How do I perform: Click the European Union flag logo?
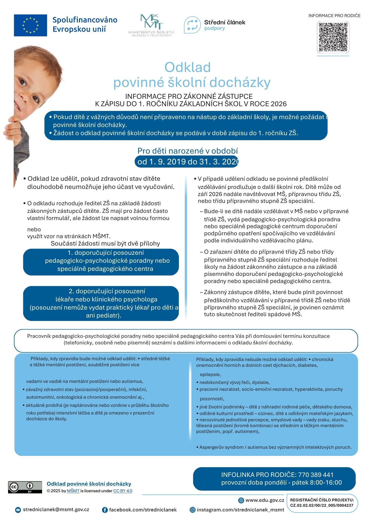[x=31, y=25]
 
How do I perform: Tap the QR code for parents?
[x=333, y=37]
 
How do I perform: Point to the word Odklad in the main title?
[x=188, y=67]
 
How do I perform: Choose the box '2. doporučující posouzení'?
[x=101, y=303]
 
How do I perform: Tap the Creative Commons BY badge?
[x=25, y=487]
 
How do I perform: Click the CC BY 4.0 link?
[x=123, y=491]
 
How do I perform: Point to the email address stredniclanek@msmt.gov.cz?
[x=56, y=509]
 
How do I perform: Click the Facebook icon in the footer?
[x=105, y=510]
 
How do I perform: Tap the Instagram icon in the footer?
[x=193, y=510]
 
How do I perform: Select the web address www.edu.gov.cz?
[x=265, y=500]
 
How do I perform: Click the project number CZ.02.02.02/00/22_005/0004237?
[x=322, y=505]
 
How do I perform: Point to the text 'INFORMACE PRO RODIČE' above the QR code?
[x=334, y=16]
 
